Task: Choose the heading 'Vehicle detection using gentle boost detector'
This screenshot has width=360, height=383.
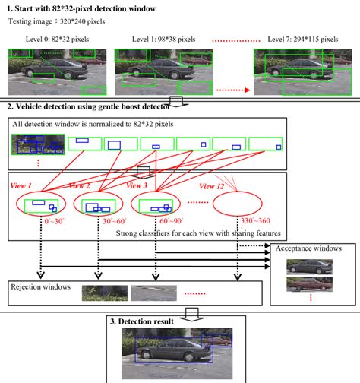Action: click(91, 107)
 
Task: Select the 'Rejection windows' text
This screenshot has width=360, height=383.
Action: click(39, 287)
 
